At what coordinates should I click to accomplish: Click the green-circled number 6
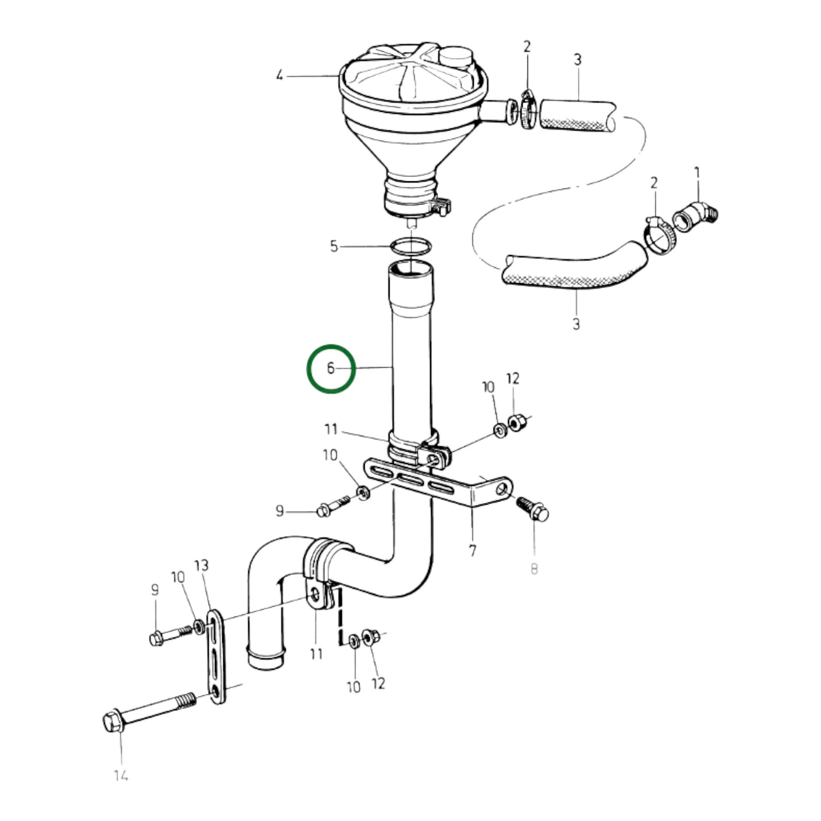pyautogui.click(x=331, y=368)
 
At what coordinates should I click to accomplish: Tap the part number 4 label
pyautogui.click(x=279, y=75)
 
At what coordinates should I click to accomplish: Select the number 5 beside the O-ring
pyautogui.click(x=334, y=246)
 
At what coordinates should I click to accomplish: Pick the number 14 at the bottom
pyautogui.click(x=120, y=775)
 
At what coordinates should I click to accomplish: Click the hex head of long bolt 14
pyautogui.click(x=111, y=722)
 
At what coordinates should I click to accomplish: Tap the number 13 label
pyautogui.click(x=202, y=565)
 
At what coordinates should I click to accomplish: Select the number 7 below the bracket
pyautogui.click(x=473, y=550)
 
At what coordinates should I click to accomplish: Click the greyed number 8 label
pyautogui.click(x=534, y=568)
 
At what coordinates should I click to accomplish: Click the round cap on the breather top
pyautogui.click(x=454, y=57)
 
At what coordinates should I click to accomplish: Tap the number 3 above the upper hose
pyautogui.click(x=577, y=60)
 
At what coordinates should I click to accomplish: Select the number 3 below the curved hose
pyautogui.click(x=576, y=324)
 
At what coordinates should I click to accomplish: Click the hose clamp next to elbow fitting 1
pyautogui.click(x=659, y=234)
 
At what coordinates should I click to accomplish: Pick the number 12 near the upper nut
pyautogui.click(x=512, y=378)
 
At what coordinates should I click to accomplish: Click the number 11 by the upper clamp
pyautogui.click(x=331, y=429)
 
